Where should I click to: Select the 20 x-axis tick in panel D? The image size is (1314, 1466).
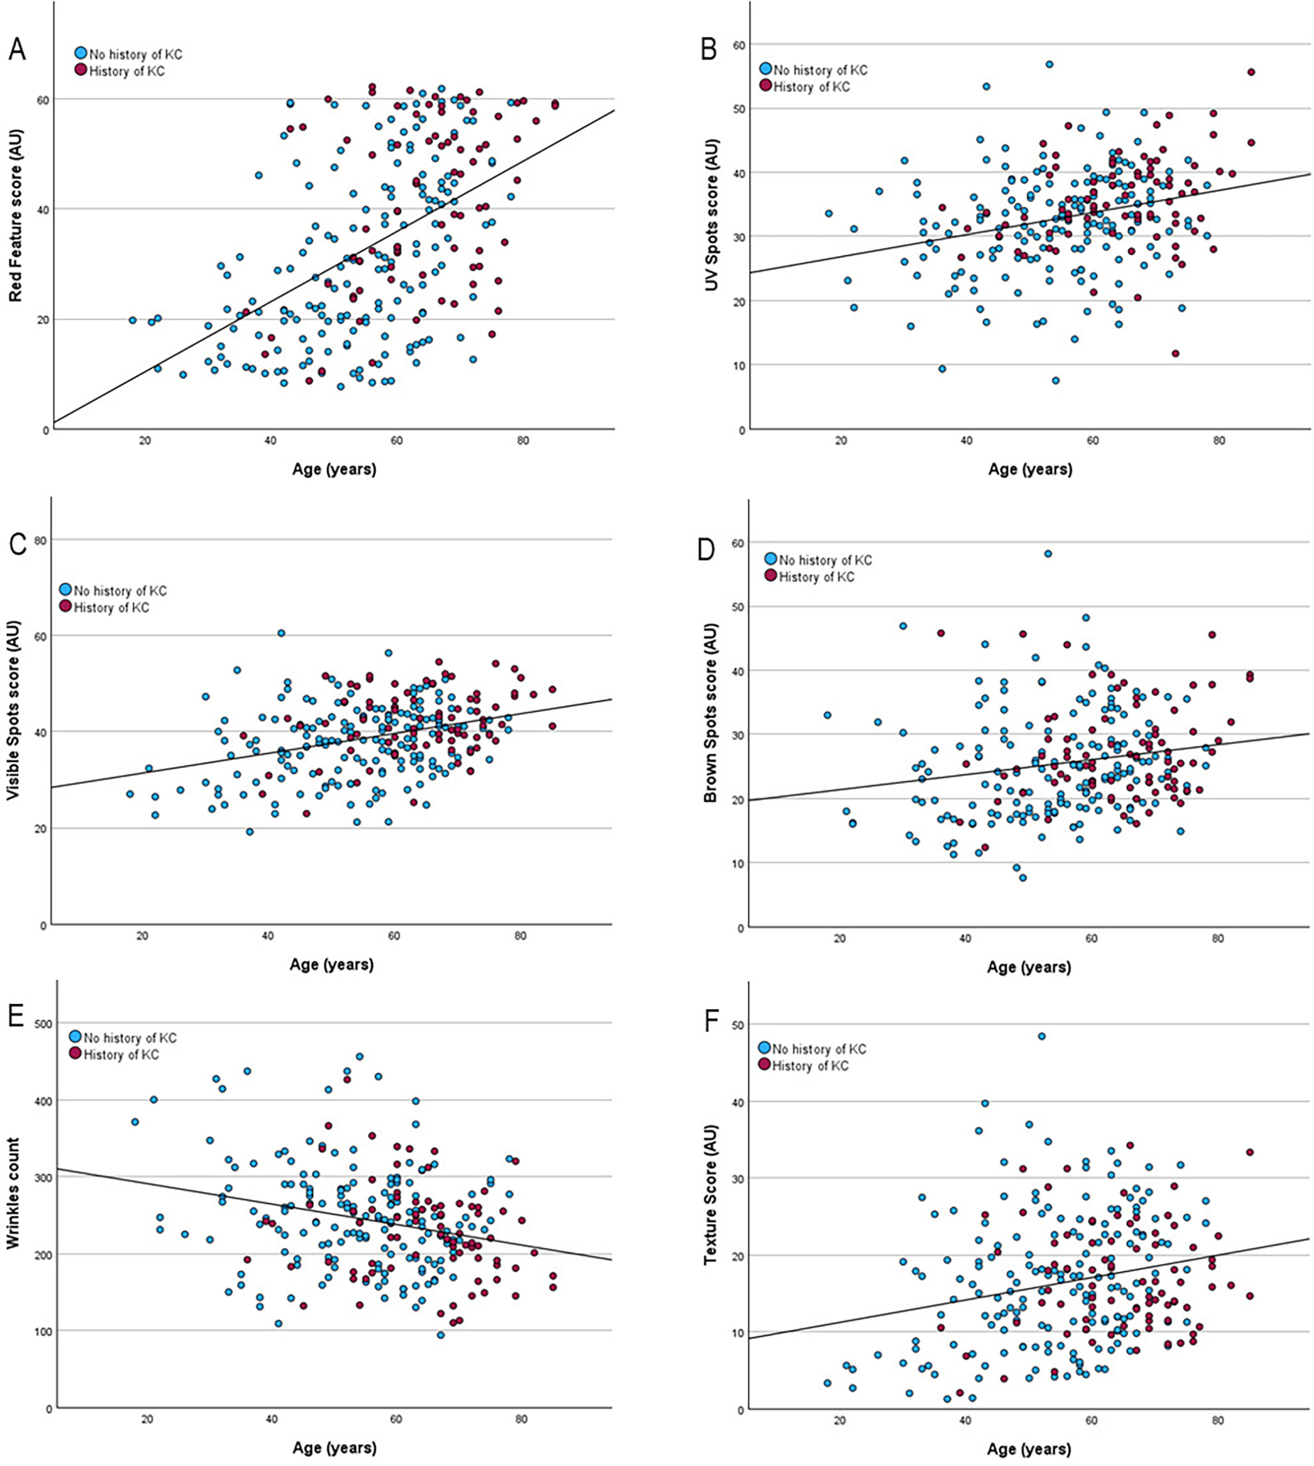840,939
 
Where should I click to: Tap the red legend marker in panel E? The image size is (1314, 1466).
76,1054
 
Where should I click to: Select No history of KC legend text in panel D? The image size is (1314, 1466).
825,560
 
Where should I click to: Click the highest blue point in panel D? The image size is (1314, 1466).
1048,553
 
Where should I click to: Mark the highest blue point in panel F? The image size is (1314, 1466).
1042,1036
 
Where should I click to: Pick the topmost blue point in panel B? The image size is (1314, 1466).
1049,64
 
